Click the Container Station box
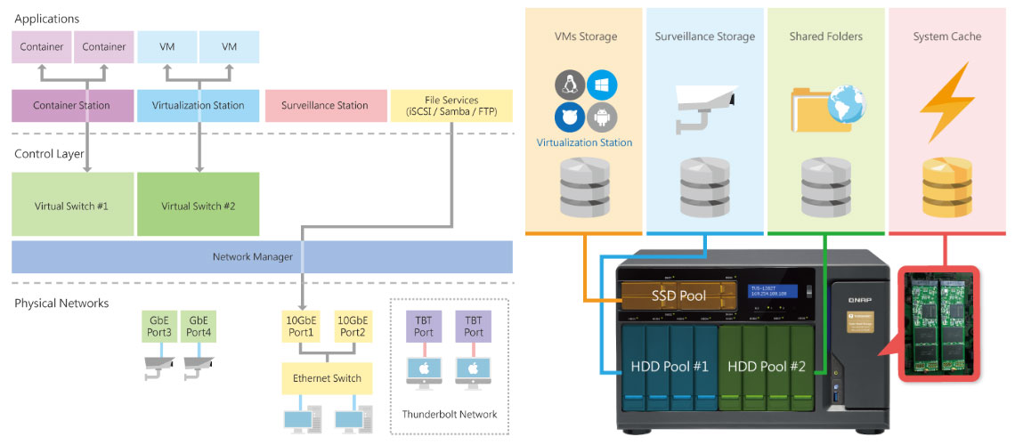(71, 105)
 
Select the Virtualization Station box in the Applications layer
(198, 105)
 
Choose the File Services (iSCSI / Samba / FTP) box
(452, 105)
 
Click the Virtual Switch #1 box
(72, 206)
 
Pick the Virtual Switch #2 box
(198, 206)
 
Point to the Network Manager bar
(262, 256)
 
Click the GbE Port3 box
(160, 327)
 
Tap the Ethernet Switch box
(327, 378)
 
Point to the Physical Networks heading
(61, 303)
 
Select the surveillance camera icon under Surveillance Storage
(704, 108)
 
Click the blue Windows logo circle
(602, 85)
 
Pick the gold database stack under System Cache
(946, 187)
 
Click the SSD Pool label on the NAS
(678, 294)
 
